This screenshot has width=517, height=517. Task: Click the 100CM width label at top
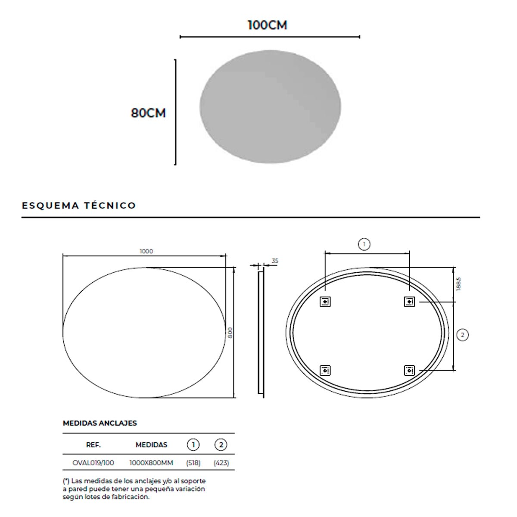click(267, 25)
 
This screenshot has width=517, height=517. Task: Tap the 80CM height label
click(148, 113)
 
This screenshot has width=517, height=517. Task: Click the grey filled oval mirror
click(270, 107)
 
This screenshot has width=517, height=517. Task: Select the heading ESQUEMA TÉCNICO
click(79, 206)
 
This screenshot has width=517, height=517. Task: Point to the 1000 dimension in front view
click(146, 251)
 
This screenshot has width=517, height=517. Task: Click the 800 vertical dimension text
click(230, 332)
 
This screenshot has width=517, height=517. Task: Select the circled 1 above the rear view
click(364, 244)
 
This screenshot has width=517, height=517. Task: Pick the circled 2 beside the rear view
click(462, 335)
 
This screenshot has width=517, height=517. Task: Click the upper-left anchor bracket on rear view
click(325, 302)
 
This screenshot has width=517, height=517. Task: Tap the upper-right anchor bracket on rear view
click(409, 302)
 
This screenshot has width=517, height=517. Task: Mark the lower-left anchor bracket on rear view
click(325, 370)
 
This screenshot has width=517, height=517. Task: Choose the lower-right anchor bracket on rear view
click(409, 370)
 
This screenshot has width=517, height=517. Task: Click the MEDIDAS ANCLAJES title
click(100, 423)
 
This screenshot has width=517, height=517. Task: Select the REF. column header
click(93, 445)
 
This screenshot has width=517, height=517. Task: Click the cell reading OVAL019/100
click(93, 463)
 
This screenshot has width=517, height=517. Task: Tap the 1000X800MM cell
click(151, 463)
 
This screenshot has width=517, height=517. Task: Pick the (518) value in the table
click(193, 463)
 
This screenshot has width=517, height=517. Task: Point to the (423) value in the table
click(221, 463)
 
